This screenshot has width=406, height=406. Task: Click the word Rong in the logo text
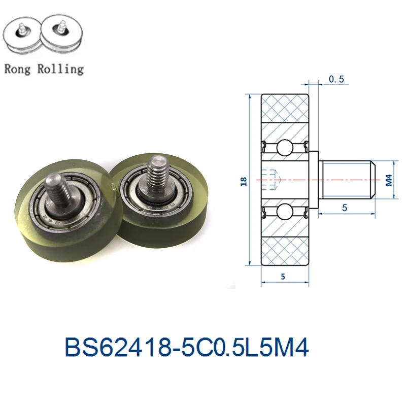(x=17, y=69)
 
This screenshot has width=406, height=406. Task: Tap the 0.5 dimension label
(x=336, y=79)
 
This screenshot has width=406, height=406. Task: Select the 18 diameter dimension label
(x=244, y=181)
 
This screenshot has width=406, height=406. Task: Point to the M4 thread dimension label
(x=389, y=180)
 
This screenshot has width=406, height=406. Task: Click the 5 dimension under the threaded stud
(x=345, y=208)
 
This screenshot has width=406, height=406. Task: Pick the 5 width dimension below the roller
(x=283, y=277)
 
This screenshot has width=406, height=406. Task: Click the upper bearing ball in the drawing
(x=285, y=148)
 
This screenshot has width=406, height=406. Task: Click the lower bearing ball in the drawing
(x=285, y=212)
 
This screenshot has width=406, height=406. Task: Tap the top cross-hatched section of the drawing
(x=285, y=108)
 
